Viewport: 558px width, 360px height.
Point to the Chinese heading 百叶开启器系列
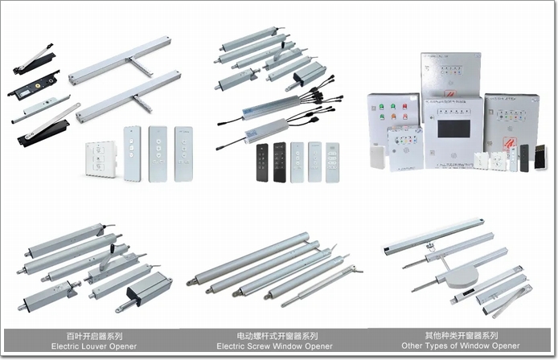(x=94, y=336)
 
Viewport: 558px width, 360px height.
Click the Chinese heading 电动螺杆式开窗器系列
(x=277, y=336)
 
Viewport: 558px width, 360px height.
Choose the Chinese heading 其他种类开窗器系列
(x=462, y=335)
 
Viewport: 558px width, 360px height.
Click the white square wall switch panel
(x=101, y=159)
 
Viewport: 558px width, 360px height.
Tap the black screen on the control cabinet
(x=453, y=129)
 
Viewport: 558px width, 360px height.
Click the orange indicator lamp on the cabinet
(x=393, y=117)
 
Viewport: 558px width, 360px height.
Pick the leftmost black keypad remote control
(x=262, y=162)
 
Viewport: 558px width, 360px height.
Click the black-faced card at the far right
(x=540, y=157)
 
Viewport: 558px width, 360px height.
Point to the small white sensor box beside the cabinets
(x=378, y=157)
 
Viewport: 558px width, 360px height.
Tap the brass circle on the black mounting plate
(x=37, y=84)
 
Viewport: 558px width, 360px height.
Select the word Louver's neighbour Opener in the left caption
(x=124, y=346)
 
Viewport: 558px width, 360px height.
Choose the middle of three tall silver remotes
(x=158, y=153)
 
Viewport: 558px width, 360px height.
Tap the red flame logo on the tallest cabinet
(x=450, y=94)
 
